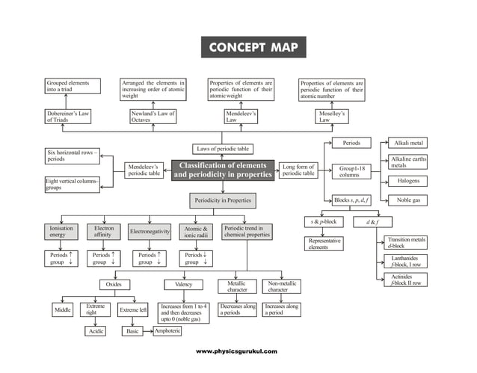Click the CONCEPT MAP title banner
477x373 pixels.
click(x=253, y=49)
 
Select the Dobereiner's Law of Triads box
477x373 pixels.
click(x=71, y=117)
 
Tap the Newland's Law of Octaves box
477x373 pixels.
click(x=155, y=117)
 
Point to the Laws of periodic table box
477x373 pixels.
click(x=224, y=148)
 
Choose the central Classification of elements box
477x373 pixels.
click(x=222, y=170)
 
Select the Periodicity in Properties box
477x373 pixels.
click(x=222, y=200)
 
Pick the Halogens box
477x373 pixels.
click(x=408, y=181)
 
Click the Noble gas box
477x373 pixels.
click(x=408, y=200)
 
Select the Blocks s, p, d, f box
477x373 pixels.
click(x=351, y=200)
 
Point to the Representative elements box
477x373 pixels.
click(x=324, y=244)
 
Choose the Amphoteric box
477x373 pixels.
click(x=166, y=330)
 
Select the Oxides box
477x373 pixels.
click(x=114, y=284)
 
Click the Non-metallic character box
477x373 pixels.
click(x=283, y=286)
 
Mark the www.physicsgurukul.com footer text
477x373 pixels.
click(x=236, y=351)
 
